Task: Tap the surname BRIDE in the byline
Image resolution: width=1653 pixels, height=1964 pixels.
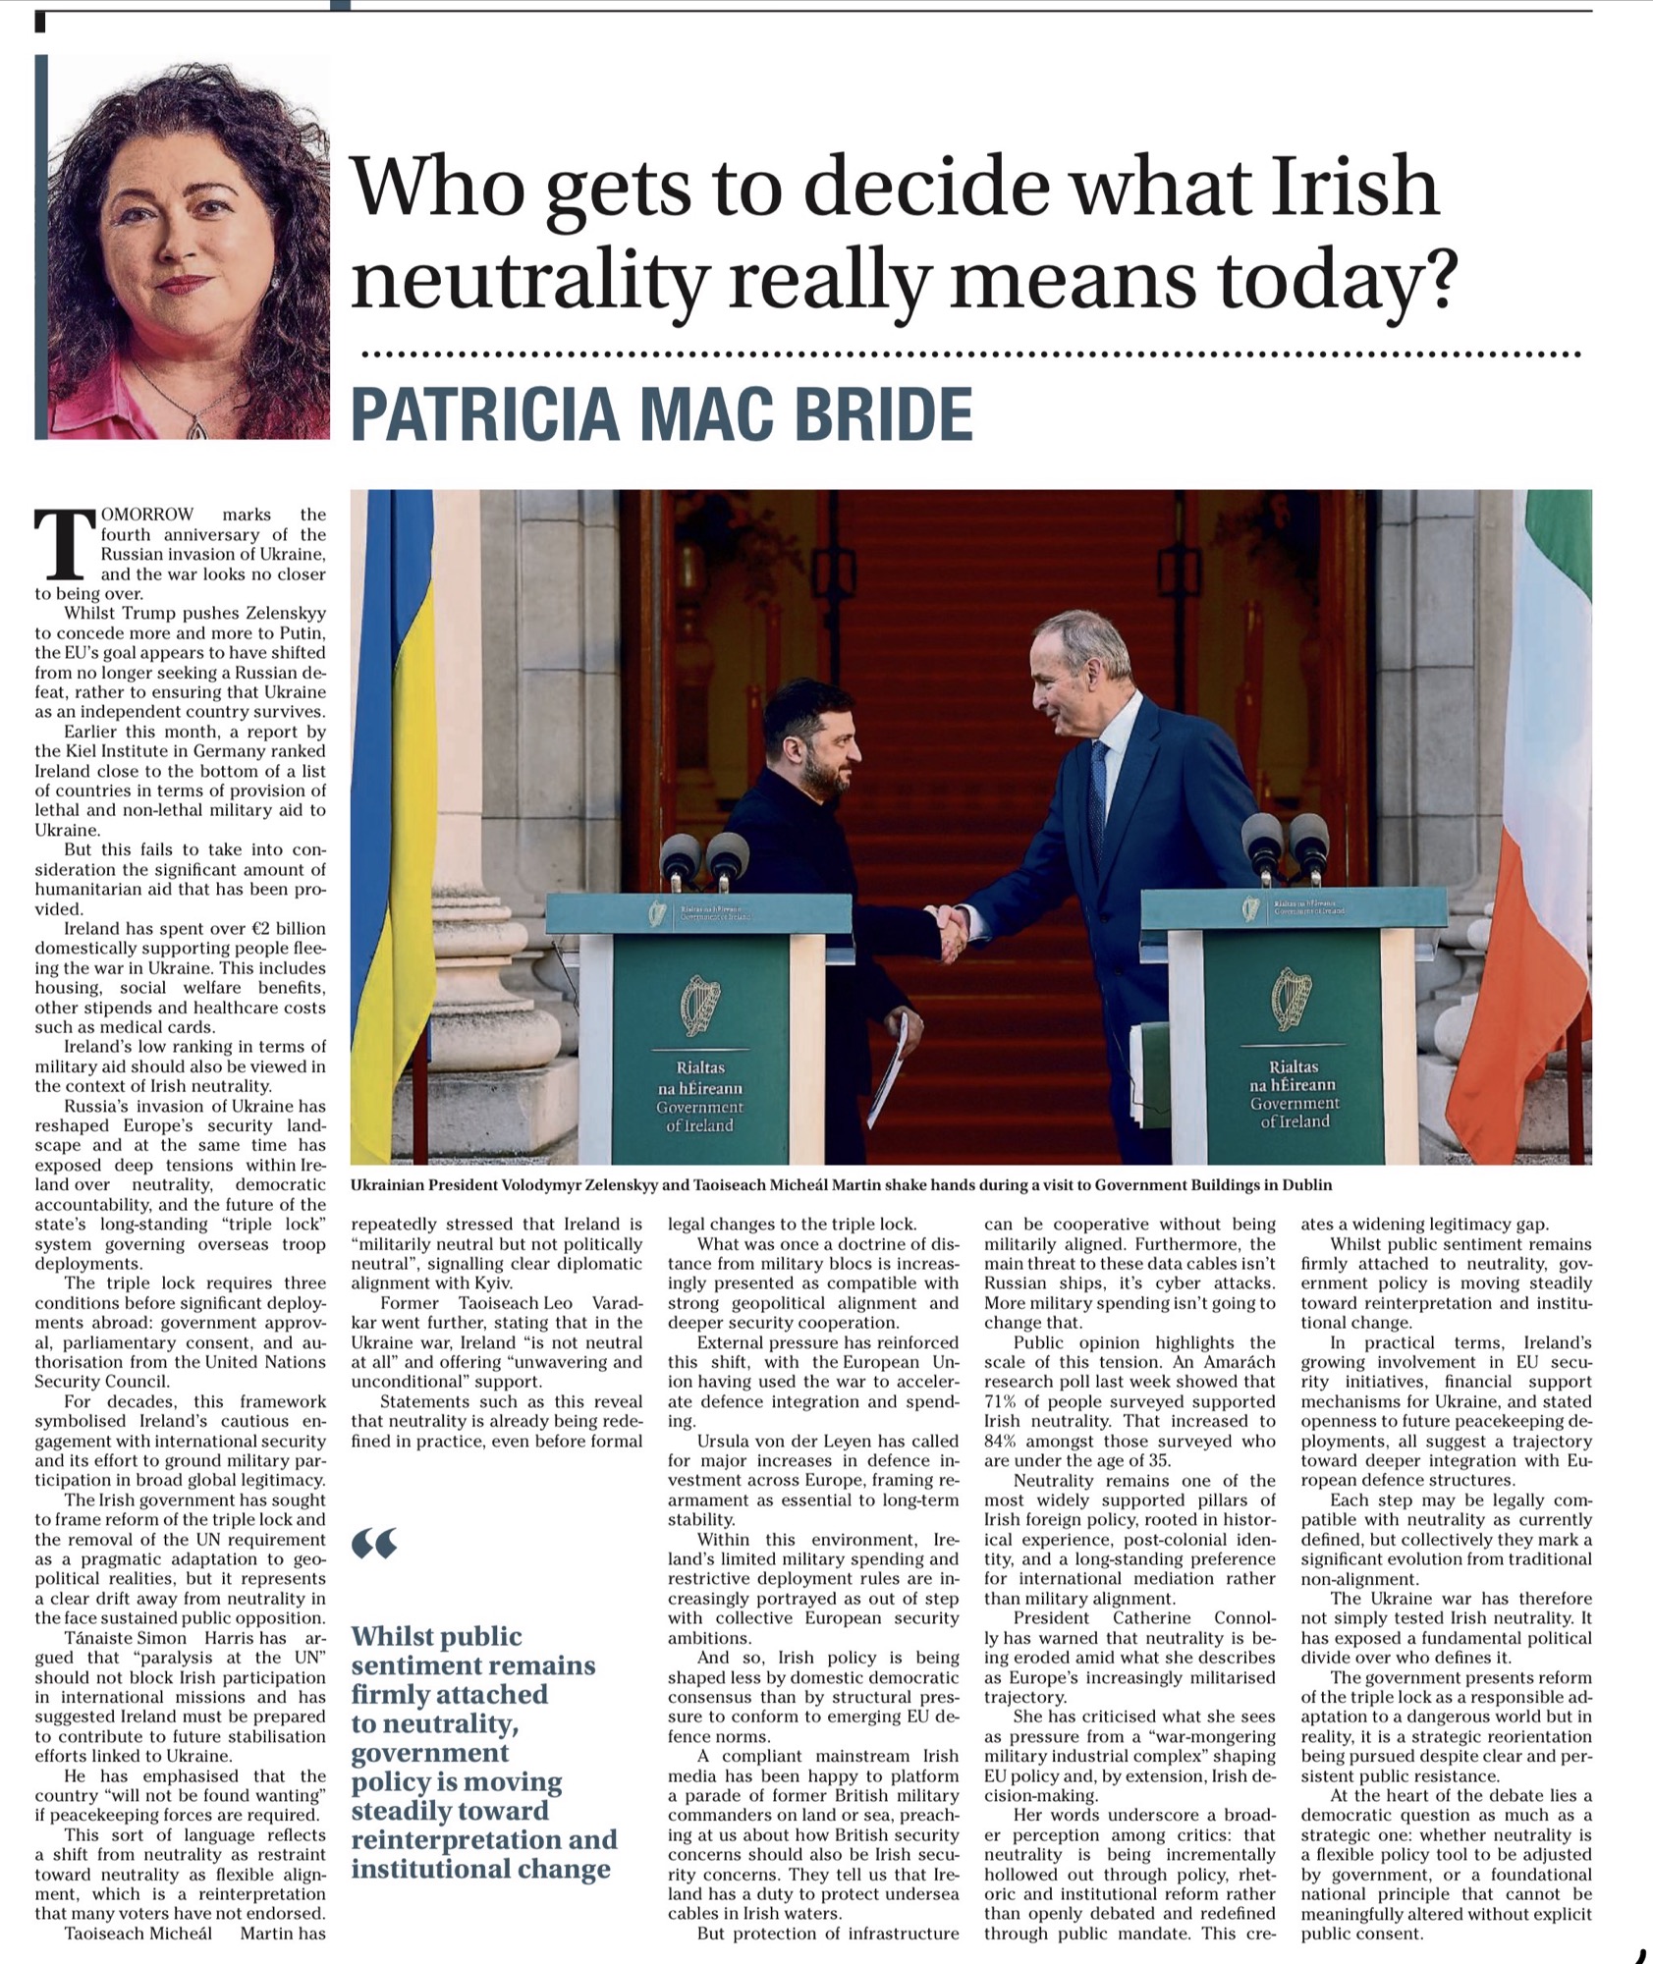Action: click(x=883, y=414)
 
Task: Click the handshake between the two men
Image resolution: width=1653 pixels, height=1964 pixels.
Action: click(x=950, y=931)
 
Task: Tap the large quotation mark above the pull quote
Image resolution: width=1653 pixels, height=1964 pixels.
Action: click(x=374, y=1545)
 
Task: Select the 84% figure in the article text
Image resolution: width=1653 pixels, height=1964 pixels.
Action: click(x=1002, y=1441)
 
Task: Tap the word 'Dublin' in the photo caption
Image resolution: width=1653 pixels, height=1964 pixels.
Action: click(x=1307, y=1185)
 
